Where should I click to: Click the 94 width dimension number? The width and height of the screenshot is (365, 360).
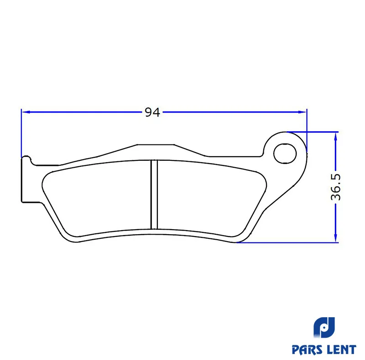point(152,112)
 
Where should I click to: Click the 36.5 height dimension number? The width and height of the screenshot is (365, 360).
point(336,187)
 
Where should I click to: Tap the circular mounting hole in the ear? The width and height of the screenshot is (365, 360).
point(285,154)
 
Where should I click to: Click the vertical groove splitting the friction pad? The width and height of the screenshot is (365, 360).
point(154,195)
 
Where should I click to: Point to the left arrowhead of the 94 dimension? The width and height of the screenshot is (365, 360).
point(26,112)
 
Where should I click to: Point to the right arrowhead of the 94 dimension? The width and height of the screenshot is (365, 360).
point(302,112)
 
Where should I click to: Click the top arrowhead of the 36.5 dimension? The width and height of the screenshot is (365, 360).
point(335,136)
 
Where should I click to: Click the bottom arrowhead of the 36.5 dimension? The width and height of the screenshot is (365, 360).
point(335,238)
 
